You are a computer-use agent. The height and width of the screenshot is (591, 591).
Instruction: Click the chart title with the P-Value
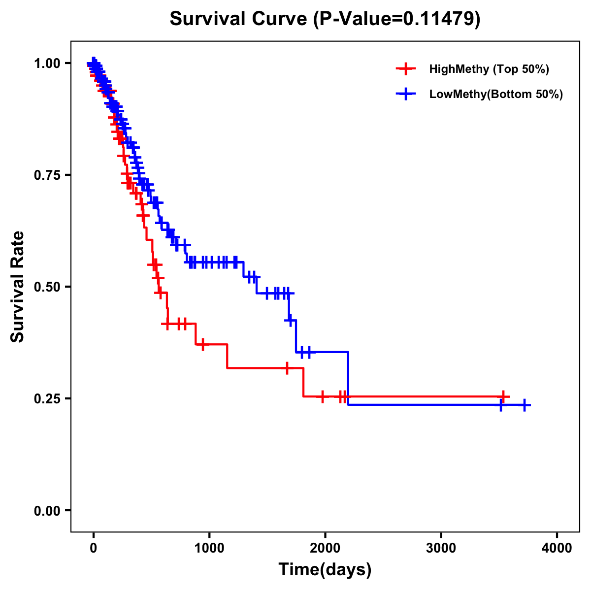click(325, 19)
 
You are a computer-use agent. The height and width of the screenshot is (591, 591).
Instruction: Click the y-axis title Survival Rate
click(18, 286)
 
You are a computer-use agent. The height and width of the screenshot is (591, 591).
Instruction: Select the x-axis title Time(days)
click(325, 569)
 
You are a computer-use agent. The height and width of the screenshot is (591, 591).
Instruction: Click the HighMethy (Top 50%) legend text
click(489, 69)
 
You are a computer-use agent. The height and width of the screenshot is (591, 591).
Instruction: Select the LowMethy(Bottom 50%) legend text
click(495, 94)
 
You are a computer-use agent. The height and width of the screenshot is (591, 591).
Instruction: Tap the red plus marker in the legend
click(405, 69)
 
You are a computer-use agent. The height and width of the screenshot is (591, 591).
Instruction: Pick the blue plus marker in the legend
click(405, 94)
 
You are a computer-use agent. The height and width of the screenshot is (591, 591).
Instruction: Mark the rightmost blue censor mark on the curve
click(525, 405)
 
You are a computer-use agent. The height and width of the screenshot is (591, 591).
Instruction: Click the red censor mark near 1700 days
click(287, 368)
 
